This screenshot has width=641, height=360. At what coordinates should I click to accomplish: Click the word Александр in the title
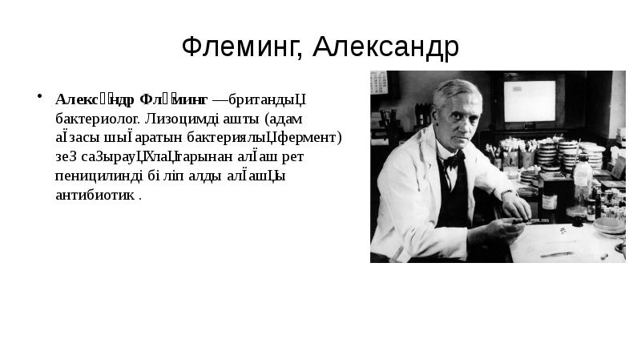[x=385, y=47]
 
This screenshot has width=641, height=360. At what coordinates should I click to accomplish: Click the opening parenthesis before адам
[x=268, y=118]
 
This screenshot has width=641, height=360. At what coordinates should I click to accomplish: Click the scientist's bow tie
[x=453, y=158]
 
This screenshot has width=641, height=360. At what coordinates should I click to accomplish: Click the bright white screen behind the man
[x=528, y=99]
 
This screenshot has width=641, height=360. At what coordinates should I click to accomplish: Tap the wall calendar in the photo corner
[x=379, y=83]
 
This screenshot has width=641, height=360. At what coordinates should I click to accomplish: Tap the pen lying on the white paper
[x=556, y=253]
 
